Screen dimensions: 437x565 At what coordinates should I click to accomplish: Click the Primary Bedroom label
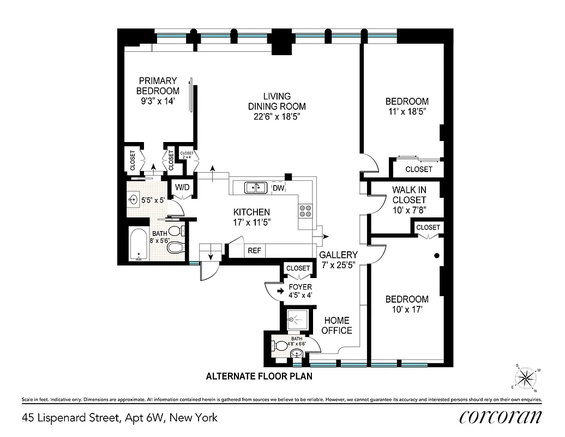(x=158, y=91)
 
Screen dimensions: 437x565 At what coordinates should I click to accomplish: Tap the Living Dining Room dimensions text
(x=277, y=116)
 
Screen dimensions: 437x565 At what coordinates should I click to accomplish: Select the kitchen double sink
(x=255, y=188)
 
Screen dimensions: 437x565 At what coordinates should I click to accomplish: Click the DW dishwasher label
(x=278, y=188)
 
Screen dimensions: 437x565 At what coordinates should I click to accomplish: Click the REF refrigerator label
(x=254, y=251)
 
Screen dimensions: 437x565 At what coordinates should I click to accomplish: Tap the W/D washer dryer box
(x=182, y=188)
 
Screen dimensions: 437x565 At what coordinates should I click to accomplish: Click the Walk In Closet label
(x=409, y=194)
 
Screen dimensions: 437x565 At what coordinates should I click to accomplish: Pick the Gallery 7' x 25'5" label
(x=338, y=259)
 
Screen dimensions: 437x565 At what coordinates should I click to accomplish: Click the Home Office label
(x=336, y=325)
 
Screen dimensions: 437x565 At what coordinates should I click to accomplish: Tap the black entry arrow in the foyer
(x=280, y=292)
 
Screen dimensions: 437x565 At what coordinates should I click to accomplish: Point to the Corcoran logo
(x=501, y=417)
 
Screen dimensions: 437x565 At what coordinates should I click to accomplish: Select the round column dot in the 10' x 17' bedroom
(x=436, y=255)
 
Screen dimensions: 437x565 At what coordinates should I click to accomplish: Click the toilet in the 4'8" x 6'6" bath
(x=280, y=345)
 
